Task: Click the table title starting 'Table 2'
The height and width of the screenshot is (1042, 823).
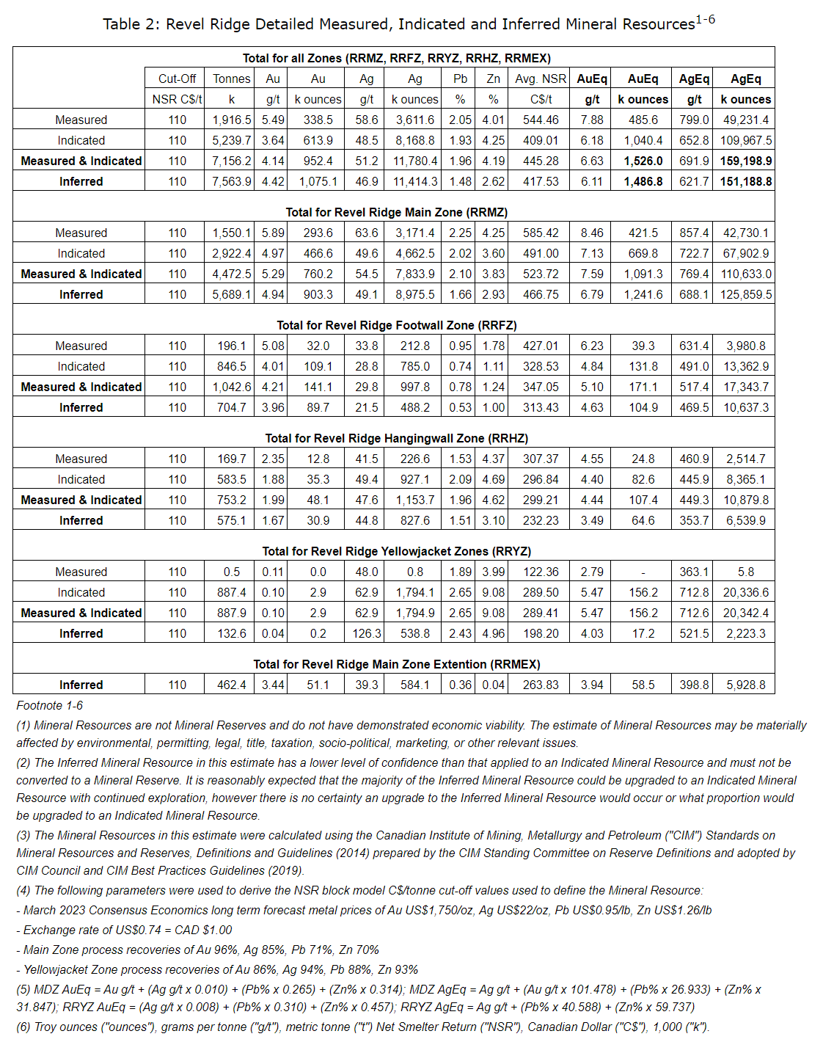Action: coord(409,23)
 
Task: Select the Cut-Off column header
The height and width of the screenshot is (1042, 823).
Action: coord(177,79)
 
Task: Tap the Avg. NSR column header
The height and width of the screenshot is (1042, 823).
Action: coord(541,79)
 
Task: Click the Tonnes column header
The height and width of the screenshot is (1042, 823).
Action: coord(232,79)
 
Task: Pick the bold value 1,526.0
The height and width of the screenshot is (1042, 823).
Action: coord(643,161)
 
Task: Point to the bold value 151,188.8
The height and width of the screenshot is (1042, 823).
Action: coord(746,181)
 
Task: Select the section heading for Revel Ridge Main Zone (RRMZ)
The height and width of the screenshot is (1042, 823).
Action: coord(396,212)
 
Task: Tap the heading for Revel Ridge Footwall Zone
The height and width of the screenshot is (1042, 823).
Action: coord(396,325)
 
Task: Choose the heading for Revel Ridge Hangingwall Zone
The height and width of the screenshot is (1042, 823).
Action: coord(396,438)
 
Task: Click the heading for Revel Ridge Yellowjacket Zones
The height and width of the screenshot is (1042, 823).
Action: coord(396,551)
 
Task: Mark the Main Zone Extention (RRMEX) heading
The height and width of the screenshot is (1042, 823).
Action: coord(396,664)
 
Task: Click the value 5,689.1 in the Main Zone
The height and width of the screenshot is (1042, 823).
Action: coord(232,294)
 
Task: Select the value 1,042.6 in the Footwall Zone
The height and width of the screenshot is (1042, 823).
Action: coord(232,387)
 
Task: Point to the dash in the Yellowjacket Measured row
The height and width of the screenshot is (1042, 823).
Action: coord(643,572)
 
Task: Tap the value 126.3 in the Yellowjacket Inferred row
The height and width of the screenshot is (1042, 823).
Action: coord(367,633)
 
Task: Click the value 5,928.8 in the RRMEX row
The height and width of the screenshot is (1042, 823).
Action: coord(746,685)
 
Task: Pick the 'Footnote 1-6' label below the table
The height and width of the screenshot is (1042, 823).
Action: coord(50,705)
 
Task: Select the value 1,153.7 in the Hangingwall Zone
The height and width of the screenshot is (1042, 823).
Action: coord(415,500)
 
